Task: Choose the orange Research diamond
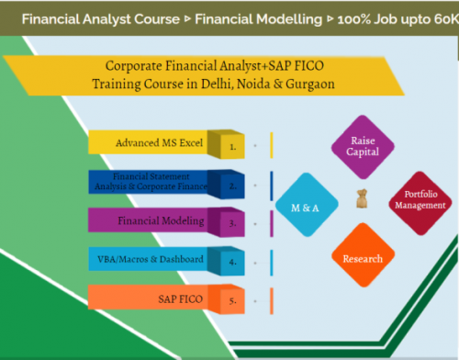(363, 258)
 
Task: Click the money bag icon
(361, 197)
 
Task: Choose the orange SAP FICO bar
(151, 298)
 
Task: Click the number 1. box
(233, 144)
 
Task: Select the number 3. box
(233, 221)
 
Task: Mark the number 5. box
(233, 298)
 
